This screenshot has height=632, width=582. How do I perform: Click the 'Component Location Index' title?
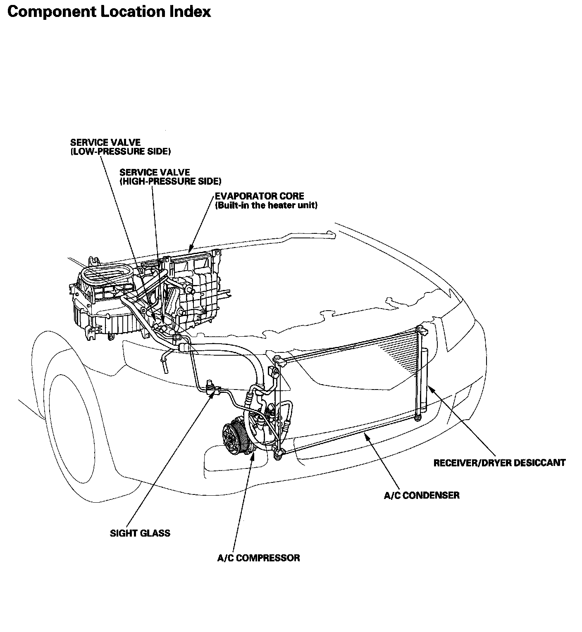(109, 12)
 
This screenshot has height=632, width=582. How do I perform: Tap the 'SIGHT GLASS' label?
(140, 533)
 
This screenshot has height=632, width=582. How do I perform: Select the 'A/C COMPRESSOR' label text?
(258, 558)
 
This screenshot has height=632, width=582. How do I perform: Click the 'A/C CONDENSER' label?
(422, 495)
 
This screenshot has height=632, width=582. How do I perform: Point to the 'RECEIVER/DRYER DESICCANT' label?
(499, 463)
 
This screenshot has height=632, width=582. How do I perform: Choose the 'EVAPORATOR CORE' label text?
(259, 196)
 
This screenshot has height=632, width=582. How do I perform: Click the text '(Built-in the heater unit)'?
(266, 205)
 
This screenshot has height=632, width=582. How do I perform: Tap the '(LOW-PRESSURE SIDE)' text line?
(120, 152)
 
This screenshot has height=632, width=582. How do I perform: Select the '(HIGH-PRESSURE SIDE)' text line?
(170, 181)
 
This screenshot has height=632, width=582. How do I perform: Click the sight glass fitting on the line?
(212, 386)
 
